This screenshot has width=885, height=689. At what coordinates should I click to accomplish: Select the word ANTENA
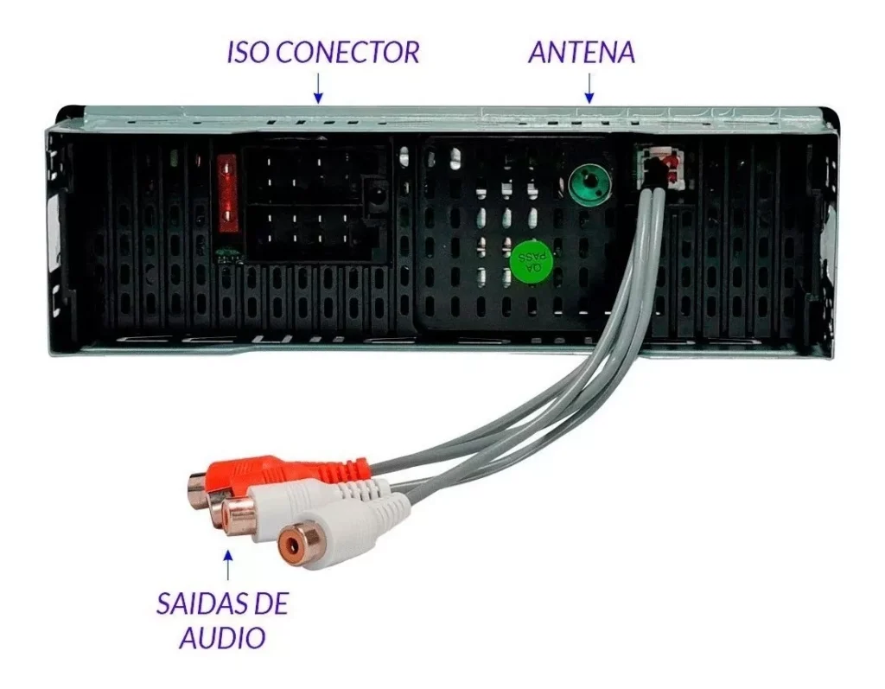[x=582, y=52]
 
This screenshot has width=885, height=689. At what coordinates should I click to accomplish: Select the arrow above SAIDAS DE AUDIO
[x=228, y=565]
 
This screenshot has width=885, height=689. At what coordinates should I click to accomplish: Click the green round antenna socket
[x=588, y=183]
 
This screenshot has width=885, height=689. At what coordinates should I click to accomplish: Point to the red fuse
[x=227, y=195]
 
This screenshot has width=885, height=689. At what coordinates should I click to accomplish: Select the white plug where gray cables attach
[x=659, y=165]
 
